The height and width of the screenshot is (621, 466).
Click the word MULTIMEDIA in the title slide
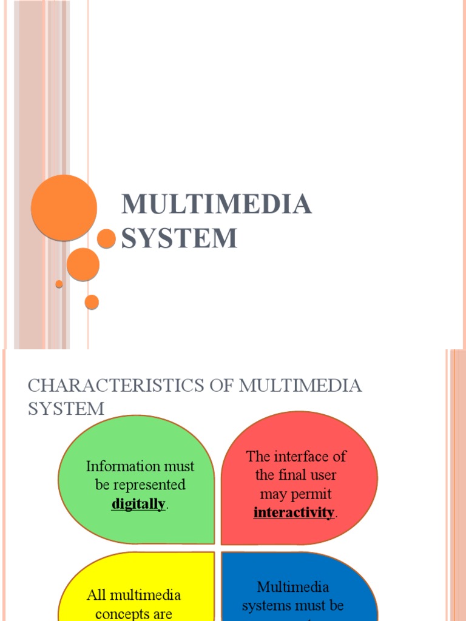pyautogui.click(x=217, y=204)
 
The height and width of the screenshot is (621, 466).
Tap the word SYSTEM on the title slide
pyautogui.click(x=179, y=238)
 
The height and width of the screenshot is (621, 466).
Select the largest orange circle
pyautogui.click(x=64, y=207)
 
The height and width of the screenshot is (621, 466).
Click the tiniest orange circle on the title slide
pyautogui.click(x=59, y=284)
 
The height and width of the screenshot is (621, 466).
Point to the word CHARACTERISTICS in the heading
pyautogui.click(x=98, y=386)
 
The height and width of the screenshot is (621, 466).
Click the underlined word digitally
pyautogui.click(x=138, y=504)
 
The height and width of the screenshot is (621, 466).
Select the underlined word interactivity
pyautogui.click(x=294, y=512)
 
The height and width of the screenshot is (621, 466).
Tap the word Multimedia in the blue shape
pyautogui.click(x=293, y=586)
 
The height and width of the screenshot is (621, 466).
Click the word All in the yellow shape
pyautogui.click(x=96, y=595)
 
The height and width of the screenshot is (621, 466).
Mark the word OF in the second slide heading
pyautogui.click(x=221, y=386)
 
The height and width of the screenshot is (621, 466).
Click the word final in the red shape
pyautogui.click(x=291, y=475)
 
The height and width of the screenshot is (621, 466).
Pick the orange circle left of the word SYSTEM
pyautogui.click(x=106, y=238)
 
